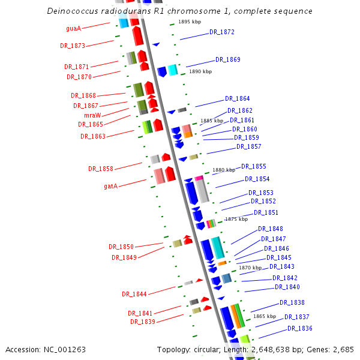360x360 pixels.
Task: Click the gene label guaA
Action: (x=73, y=28)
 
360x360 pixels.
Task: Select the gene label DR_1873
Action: (x=73, y=46)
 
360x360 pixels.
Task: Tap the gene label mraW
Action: (x=92, y=115)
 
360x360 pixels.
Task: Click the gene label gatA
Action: (x=110, y=186)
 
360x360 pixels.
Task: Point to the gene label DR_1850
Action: (x=121, y=247)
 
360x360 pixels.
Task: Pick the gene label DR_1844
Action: (x=134, y=294)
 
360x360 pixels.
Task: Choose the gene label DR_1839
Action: (x=143, y=322)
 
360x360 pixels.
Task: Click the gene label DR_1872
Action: (x=222, y=32)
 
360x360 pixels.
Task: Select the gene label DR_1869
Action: (x=228, y=60)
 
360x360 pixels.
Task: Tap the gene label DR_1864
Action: (x=238, y=99)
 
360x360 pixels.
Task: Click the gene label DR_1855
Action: (x=254, y=167)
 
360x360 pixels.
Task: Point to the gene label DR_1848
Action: (x=271, y=229)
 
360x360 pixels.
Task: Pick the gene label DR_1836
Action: (x=300, y=328)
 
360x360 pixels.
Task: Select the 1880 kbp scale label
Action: (x=224, y=170)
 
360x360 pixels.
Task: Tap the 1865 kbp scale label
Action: (x=265, y=316)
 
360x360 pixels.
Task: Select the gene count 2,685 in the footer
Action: (x=343, y=349)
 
